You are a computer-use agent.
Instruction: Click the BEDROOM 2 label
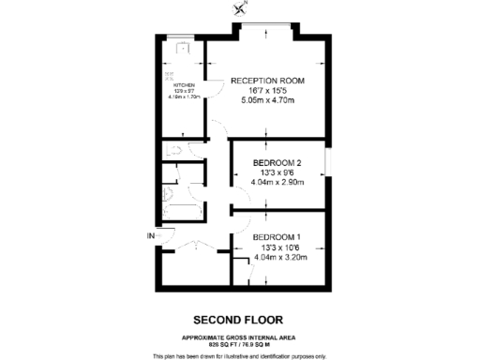pos(277,163)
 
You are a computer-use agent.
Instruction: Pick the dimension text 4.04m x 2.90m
pos(277,184)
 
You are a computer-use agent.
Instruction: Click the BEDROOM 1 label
pos(277,236)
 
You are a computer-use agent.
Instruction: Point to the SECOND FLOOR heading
pos(239,319)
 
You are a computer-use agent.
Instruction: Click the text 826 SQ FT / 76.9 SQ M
pos(239,345)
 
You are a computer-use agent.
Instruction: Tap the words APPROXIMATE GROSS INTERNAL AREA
pos(239,337)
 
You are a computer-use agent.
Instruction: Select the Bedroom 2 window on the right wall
pos(328,165)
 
